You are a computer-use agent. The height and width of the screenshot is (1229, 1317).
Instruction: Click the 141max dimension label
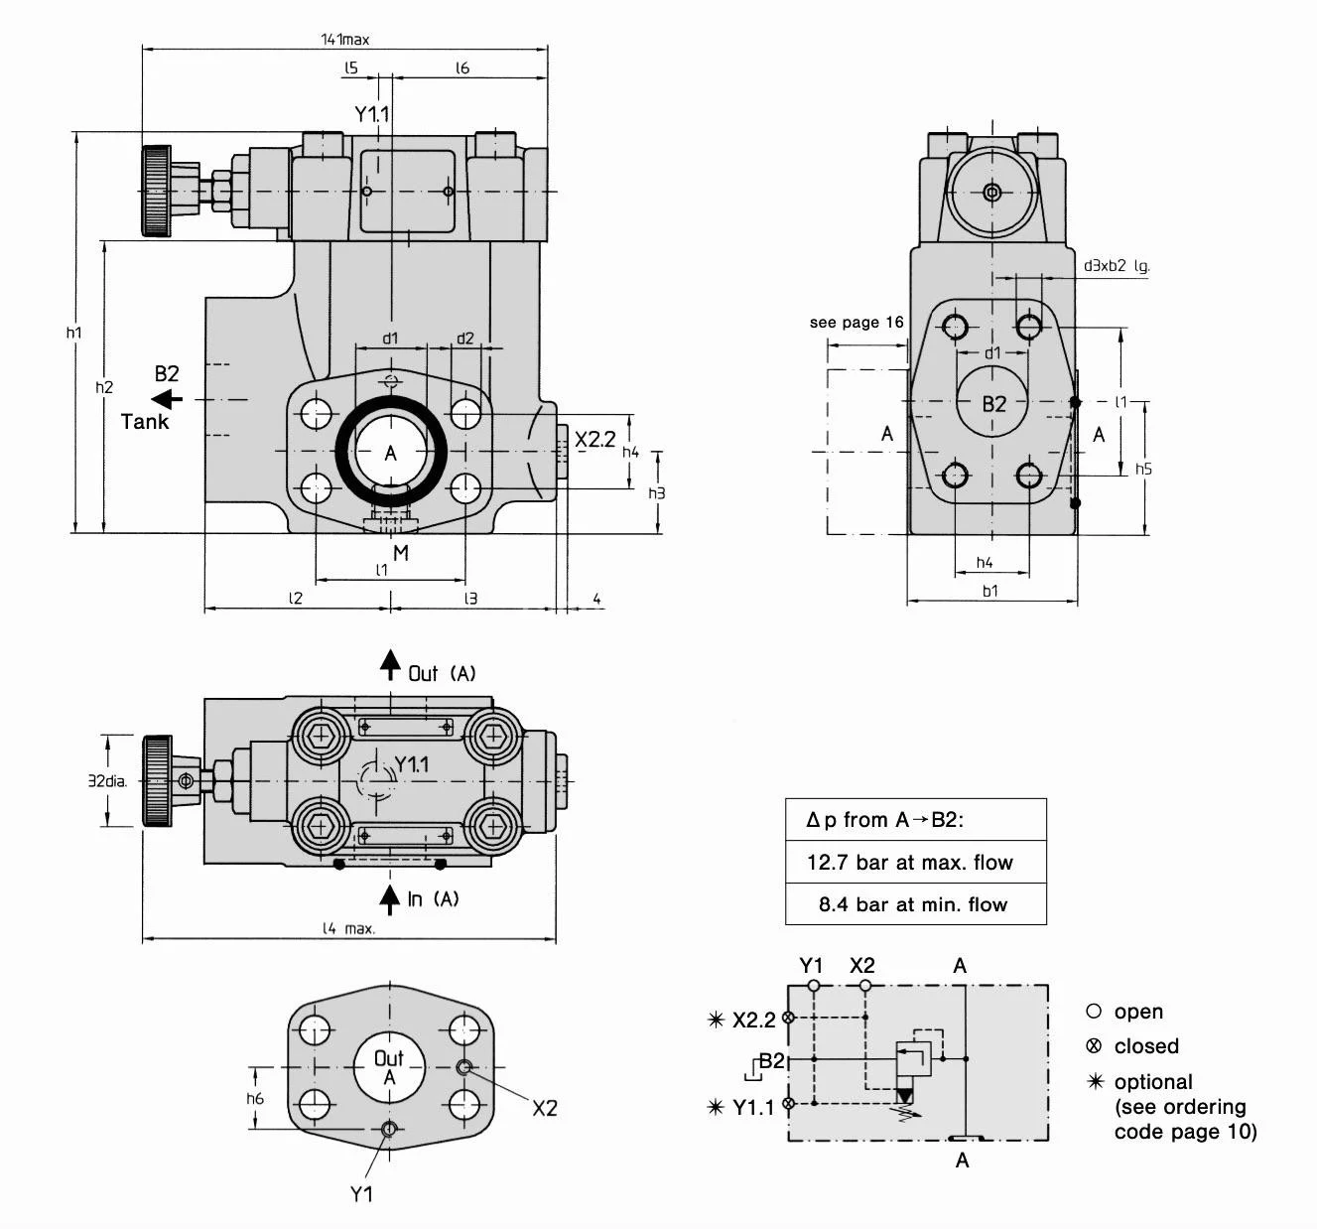(x=344, y=40)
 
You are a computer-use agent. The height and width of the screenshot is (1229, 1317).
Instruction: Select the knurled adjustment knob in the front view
(x=157, y=191)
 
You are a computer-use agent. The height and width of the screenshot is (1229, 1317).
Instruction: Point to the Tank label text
(x=145, y=422)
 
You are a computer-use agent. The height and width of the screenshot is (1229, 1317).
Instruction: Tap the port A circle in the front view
(x=390, y=452)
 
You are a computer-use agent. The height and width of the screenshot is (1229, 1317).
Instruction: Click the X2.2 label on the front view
(x=595, y=439)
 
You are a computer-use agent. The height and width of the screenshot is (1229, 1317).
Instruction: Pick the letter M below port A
(x=401, y=553)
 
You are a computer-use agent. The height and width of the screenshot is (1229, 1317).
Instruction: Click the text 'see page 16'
(x=856, y=323)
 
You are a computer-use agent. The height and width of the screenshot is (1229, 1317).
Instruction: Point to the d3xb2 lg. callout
(x=1117, y=266)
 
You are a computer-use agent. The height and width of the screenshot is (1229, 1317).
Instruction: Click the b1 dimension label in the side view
(x=990, y=591)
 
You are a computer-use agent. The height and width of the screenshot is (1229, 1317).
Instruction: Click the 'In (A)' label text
(x=434, y=899)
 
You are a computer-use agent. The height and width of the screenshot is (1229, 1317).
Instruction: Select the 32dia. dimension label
(x=107, y=781)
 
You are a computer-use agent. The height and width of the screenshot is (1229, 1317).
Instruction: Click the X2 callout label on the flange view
(x=545, y=1108)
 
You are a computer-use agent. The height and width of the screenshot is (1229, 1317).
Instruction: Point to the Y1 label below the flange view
(x=361, y=1193)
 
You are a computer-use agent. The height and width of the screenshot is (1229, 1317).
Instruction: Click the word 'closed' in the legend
(x=1146, y=1046)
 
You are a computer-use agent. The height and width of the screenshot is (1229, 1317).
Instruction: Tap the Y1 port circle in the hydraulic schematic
(x=814, y=986)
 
